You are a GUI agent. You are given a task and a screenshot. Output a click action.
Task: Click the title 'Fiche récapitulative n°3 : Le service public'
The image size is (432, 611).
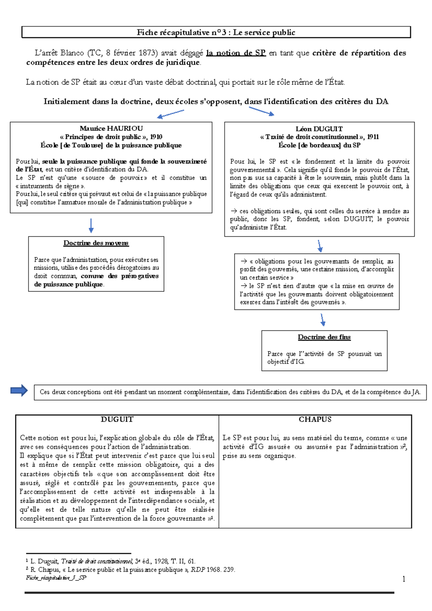pos(216,32)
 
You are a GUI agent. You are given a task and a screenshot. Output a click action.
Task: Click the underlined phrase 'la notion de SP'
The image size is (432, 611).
pos(236,53)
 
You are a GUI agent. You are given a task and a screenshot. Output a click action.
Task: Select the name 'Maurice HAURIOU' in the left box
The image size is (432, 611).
pos(111,128)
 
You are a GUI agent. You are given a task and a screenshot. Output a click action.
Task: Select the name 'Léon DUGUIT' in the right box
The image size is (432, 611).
pos(319,129)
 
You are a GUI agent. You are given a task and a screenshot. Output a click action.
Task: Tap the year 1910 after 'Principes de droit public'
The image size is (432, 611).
pos(156,137)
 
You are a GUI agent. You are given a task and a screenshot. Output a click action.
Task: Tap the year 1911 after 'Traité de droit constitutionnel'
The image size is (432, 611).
pos(373,137)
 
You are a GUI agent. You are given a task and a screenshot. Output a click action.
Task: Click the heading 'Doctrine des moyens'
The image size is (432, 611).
pos(96,243)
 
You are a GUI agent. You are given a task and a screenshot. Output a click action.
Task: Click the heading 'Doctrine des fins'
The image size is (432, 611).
pos(324,337)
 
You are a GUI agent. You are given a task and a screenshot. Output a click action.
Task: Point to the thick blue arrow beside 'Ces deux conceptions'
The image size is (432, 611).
pos(19,390)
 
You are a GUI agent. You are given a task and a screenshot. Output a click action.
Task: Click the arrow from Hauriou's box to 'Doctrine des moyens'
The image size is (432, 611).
pos(91,226)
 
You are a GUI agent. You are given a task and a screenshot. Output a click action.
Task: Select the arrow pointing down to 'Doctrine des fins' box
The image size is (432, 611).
pos(323,320)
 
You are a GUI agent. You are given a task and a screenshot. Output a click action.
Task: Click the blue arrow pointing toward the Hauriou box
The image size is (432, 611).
pos(170,114)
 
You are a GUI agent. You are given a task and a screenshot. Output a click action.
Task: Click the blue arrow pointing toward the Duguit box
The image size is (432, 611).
pos(262,112)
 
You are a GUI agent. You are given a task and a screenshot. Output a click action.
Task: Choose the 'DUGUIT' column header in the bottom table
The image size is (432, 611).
pos(117,419)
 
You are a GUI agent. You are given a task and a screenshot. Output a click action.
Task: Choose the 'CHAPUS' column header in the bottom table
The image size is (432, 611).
pos(315,419)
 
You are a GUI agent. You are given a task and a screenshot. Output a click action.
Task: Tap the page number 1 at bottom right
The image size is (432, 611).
pos(404,579)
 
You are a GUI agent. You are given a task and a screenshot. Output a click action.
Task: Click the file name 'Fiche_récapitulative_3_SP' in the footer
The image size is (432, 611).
pos(56,578)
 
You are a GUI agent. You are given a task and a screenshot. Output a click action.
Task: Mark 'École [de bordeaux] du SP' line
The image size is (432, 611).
pos(319,145)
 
